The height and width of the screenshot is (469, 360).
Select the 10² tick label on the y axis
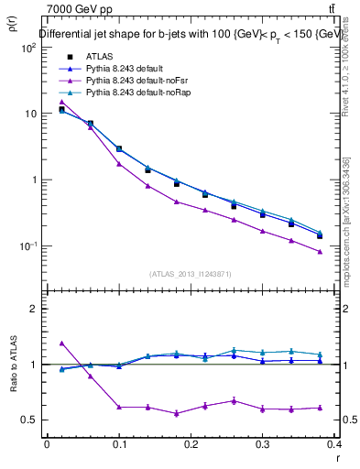tap(29, 48)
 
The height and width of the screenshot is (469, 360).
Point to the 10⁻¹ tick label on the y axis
tap(29, 246)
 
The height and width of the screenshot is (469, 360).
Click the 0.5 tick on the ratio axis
tap(29, 420)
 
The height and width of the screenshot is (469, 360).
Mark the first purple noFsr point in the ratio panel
tap(61, 343)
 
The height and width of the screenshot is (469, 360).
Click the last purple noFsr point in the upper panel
tap(320, 252)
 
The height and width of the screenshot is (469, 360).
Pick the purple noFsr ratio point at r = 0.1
tap(119, 407)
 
